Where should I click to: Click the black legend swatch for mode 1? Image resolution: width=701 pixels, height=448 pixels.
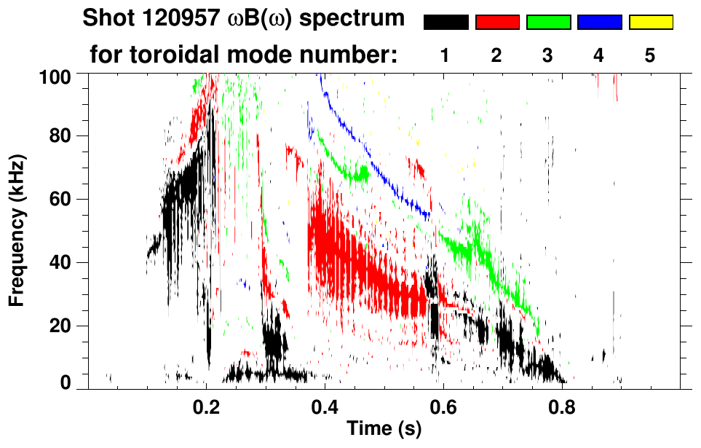tap(446, 23)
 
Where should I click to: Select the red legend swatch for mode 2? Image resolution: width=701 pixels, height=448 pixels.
tap(497, 23)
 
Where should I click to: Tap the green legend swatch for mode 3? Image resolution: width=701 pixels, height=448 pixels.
tap(548, 23)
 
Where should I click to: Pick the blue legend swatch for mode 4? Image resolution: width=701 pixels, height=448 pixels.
tap(599, 23)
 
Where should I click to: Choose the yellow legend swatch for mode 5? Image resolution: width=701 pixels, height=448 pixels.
tap(650, 23)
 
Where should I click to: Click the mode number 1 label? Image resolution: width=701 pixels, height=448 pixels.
tap(445, 55)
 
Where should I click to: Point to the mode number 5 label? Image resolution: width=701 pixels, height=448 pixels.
tap(650, 55)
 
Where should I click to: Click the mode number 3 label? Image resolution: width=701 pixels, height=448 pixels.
tap(547, 55)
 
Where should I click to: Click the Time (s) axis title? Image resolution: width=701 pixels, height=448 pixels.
tap(384, 430)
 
